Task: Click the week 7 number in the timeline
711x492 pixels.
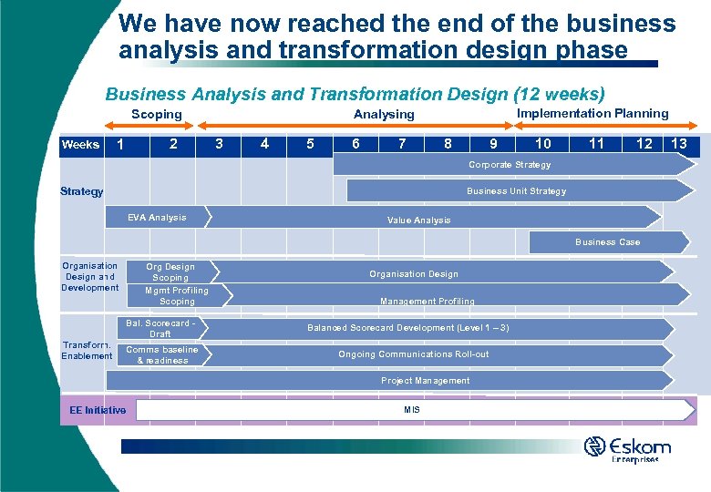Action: [402, 143]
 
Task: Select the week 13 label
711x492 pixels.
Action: [679, 143]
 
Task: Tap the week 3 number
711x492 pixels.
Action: [219, 143]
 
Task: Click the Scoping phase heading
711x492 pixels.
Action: [156, 114]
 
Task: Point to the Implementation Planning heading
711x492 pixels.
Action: [592, 113]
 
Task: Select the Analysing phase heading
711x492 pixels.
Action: [384, 114]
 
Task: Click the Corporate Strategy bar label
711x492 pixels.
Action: [510, 165]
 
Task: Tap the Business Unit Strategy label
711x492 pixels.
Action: [516, 191]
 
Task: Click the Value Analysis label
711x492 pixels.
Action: [418, 220]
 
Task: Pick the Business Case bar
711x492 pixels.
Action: [607, 242]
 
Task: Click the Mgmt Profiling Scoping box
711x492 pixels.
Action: [177, 295]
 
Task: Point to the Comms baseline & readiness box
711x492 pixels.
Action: [161, 355]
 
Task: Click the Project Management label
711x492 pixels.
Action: [425, 381]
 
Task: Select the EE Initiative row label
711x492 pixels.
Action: [98, 411]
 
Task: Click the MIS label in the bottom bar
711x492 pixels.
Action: [412, 411]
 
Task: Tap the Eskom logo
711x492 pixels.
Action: [628, 448]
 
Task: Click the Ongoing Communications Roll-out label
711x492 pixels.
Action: [413, 354]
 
